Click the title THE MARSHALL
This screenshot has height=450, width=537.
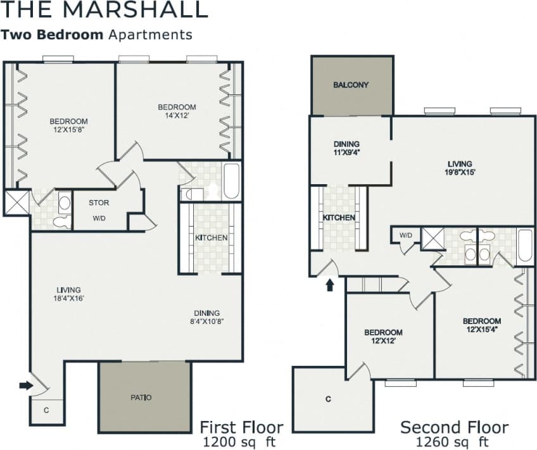[104, 10]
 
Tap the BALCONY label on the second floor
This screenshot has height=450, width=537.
[351, 85]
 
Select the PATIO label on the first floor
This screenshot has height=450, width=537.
[141, 397]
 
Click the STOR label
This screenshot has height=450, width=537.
[98, 203]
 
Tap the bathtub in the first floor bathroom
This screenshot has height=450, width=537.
[231, 182]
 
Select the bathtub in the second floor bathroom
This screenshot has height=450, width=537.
[526, 246]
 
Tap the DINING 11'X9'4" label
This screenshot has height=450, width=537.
[346, 148]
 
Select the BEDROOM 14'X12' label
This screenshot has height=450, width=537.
[177, 111]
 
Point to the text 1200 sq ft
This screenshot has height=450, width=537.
[242, 441]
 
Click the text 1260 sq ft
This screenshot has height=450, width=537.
[453, 441]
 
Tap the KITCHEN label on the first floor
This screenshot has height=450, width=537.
[211, 238]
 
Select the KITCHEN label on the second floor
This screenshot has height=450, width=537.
[339, 218]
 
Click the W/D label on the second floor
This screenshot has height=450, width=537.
[405, 235]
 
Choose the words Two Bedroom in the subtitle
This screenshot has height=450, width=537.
[52, 35]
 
